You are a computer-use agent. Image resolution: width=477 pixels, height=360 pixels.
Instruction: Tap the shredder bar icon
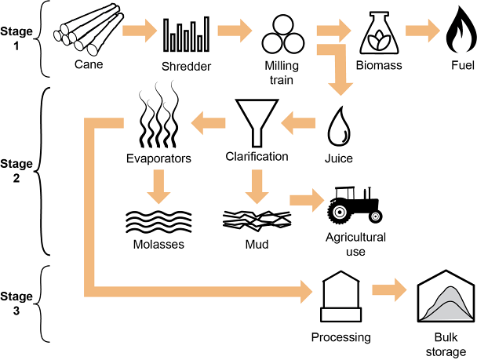[x=186, y=35]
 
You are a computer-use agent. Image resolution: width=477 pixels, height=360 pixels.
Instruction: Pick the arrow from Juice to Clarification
[x=298, y=120]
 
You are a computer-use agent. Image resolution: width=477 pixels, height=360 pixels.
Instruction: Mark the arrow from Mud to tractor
[x=307, y=198]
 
